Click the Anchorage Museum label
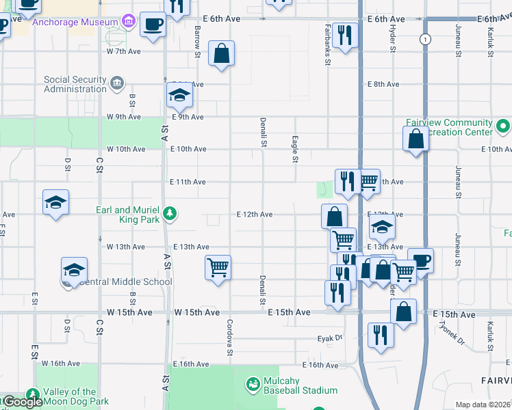[75, 23]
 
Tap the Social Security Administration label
[75, 84]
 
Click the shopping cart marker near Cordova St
[218, 267]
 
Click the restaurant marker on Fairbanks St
[344, 36]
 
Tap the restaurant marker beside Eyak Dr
[380, 336]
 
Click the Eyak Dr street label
[329, 338]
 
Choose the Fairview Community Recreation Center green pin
[503, 126]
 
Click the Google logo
[23, 402]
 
